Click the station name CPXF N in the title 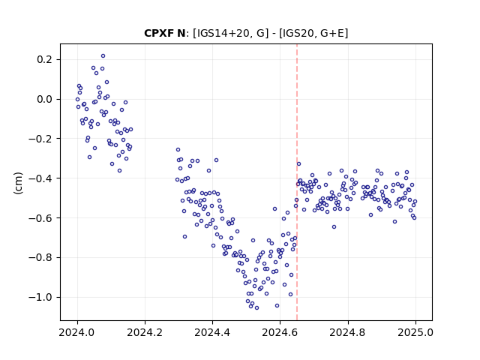164,33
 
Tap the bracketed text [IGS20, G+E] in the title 313,33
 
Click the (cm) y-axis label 18,183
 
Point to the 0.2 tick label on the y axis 44,59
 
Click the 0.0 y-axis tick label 44,99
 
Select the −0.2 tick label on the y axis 40,139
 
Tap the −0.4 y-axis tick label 40,178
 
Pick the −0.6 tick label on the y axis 40,218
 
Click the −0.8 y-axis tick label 40,257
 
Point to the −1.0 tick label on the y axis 40,297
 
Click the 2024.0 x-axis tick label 77,332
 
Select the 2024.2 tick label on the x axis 145,332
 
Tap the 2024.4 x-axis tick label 212,332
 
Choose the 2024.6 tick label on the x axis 280,332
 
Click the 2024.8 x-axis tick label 348,332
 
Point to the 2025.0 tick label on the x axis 415,332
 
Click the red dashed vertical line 297,182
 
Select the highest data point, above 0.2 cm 103,56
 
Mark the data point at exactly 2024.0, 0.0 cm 77,100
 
